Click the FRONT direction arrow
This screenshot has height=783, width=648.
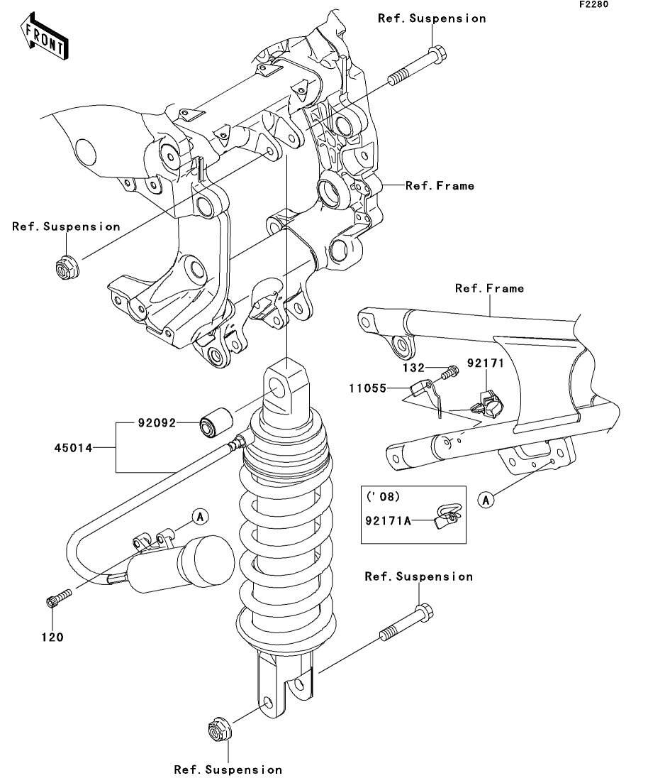[x=44, y=35]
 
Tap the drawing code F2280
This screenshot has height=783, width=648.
[x=593, y=4]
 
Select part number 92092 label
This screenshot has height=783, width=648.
[x=157, y=423]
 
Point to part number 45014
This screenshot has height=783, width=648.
[x=73, y=448]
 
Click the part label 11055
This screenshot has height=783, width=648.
[x=368, y=388]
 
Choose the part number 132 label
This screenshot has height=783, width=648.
[x=414, y=368]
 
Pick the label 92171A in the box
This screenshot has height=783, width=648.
[x=388, y=521]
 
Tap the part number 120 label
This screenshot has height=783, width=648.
[x=52, y=637]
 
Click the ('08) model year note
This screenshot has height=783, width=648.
[x=383, y=497]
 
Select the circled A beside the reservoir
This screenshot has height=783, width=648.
[x=200, y=517]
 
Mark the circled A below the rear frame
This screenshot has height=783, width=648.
[x=486, y=499]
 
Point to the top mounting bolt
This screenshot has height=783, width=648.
[x=417, y=66]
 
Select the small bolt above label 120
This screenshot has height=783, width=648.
[x=59, y=597]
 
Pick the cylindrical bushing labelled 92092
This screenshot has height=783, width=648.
[x=216, y=422]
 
